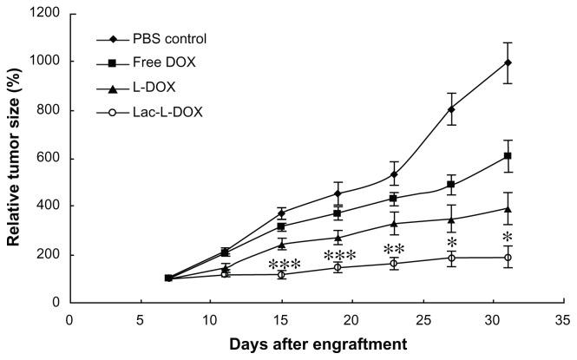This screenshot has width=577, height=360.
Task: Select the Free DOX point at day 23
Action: click(394, 198)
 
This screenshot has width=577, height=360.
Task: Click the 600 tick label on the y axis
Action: click(50, 158)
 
